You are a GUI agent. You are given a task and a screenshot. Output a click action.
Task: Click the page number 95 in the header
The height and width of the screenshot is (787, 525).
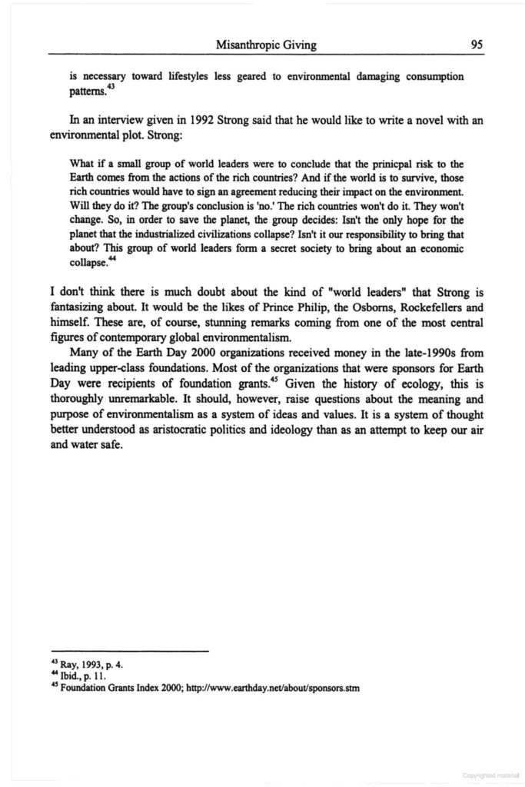pyautogui.click(x=476, y=45)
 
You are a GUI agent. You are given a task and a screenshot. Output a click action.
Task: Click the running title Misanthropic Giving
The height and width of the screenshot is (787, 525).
pyautogui.click(x=267, y=45)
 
